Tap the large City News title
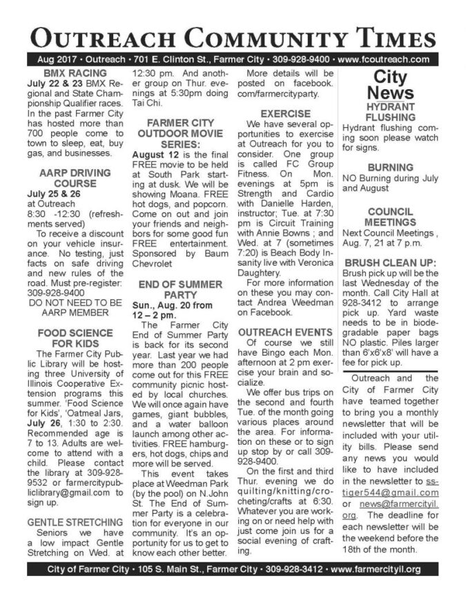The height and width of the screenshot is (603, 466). pos(390,84)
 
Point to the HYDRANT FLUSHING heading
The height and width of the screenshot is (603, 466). pos(390,113)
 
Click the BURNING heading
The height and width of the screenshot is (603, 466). pos(390,167)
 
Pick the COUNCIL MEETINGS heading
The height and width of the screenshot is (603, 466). pos(390,217)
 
